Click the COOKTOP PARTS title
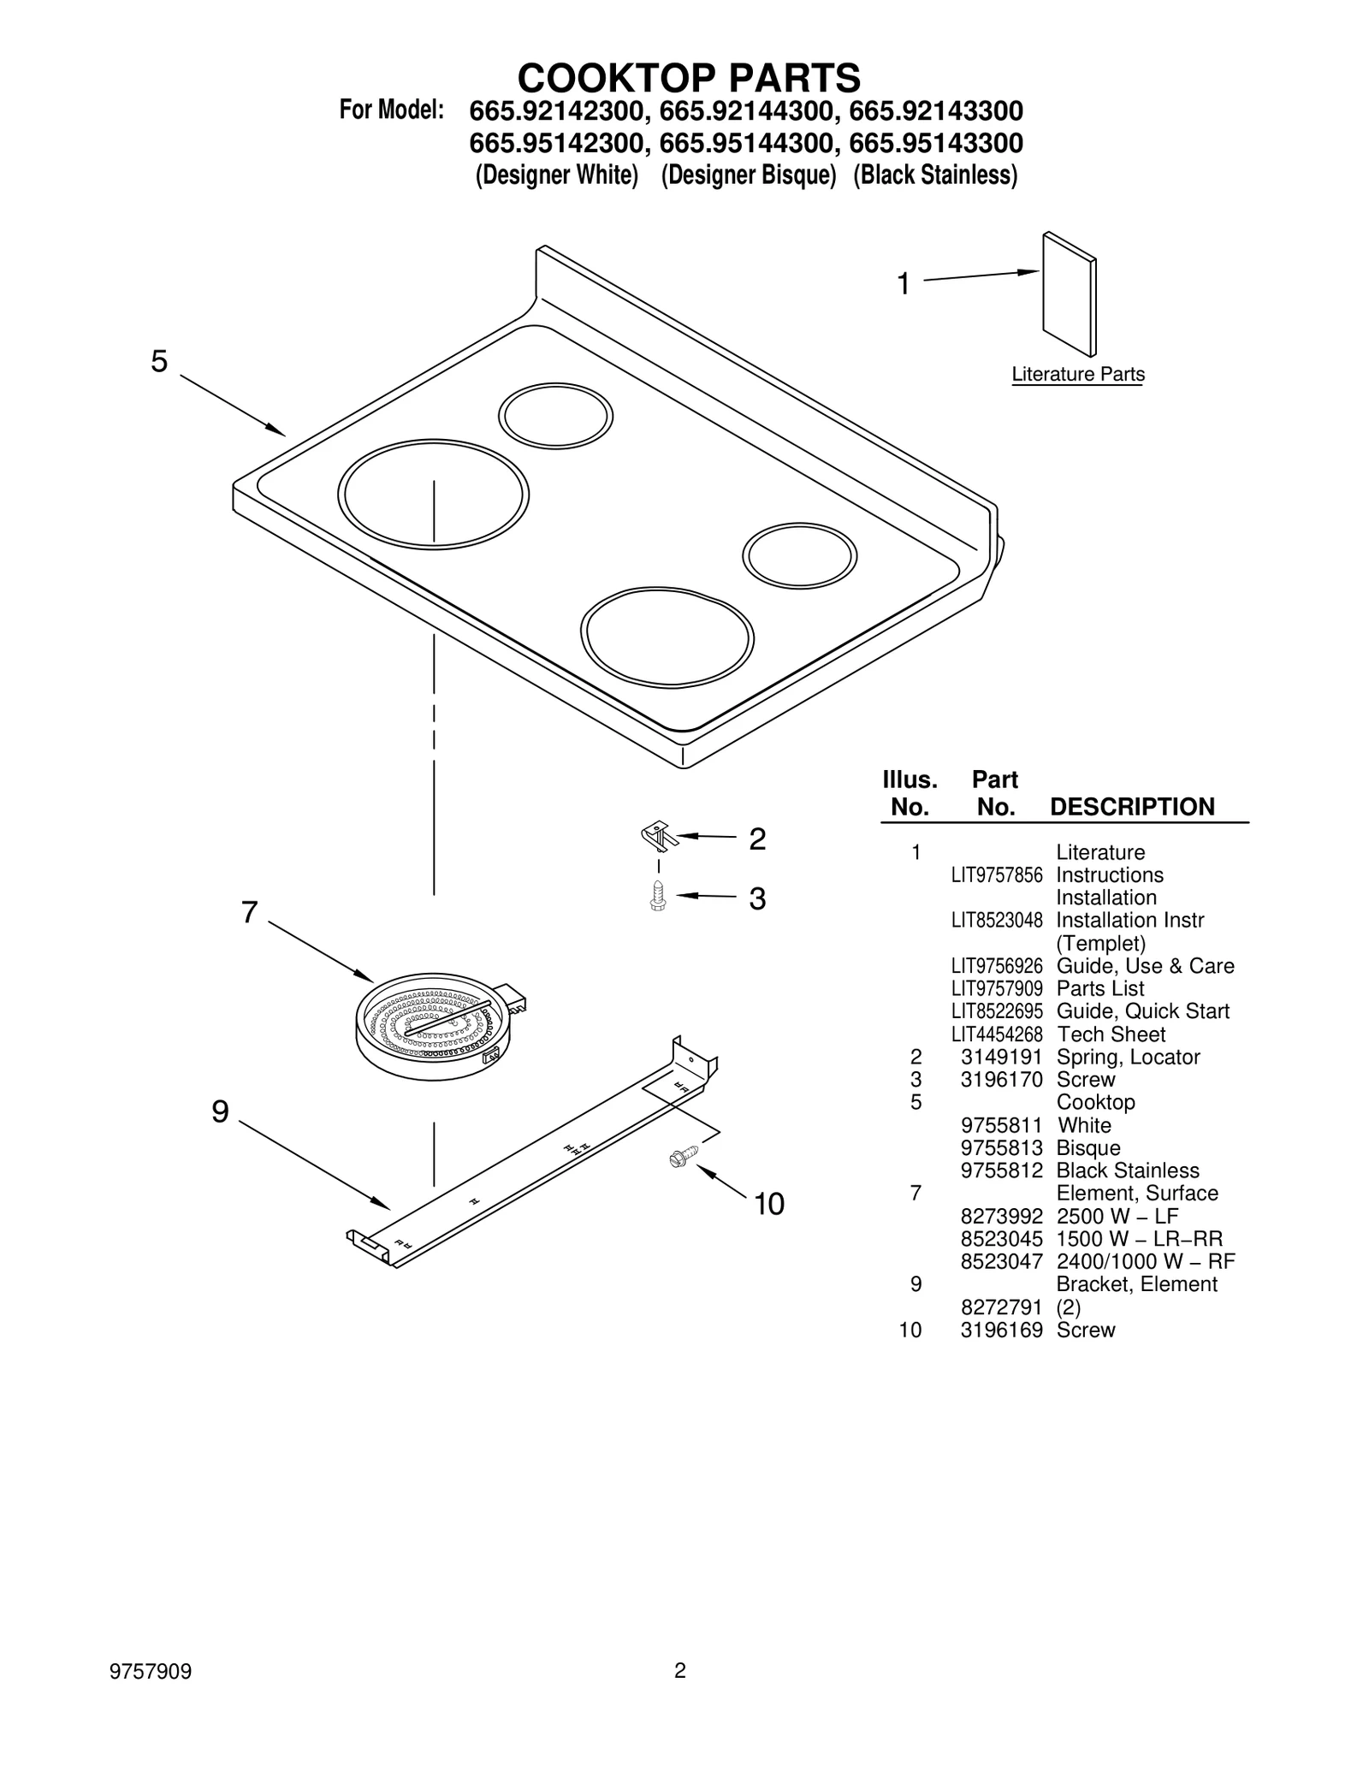(x=689, y=78)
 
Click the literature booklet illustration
(x=1069, y=293)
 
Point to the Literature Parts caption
(x=1077, y=375)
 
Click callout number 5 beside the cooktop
(x=159, y=362)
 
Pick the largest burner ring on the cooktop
(x=433, y=494)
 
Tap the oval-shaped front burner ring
(x=667, y=637)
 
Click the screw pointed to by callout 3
(x=658, y=896)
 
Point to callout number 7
(x=249, y=913)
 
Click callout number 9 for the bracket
(x=220, y=1111)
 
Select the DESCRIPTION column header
(x=1131, y=807)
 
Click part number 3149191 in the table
(x=1001, y=1058)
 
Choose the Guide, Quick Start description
(x=1142, y=1011)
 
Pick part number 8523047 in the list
(x=1001, y=1262)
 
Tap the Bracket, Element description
(x=1136, y=1284)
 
